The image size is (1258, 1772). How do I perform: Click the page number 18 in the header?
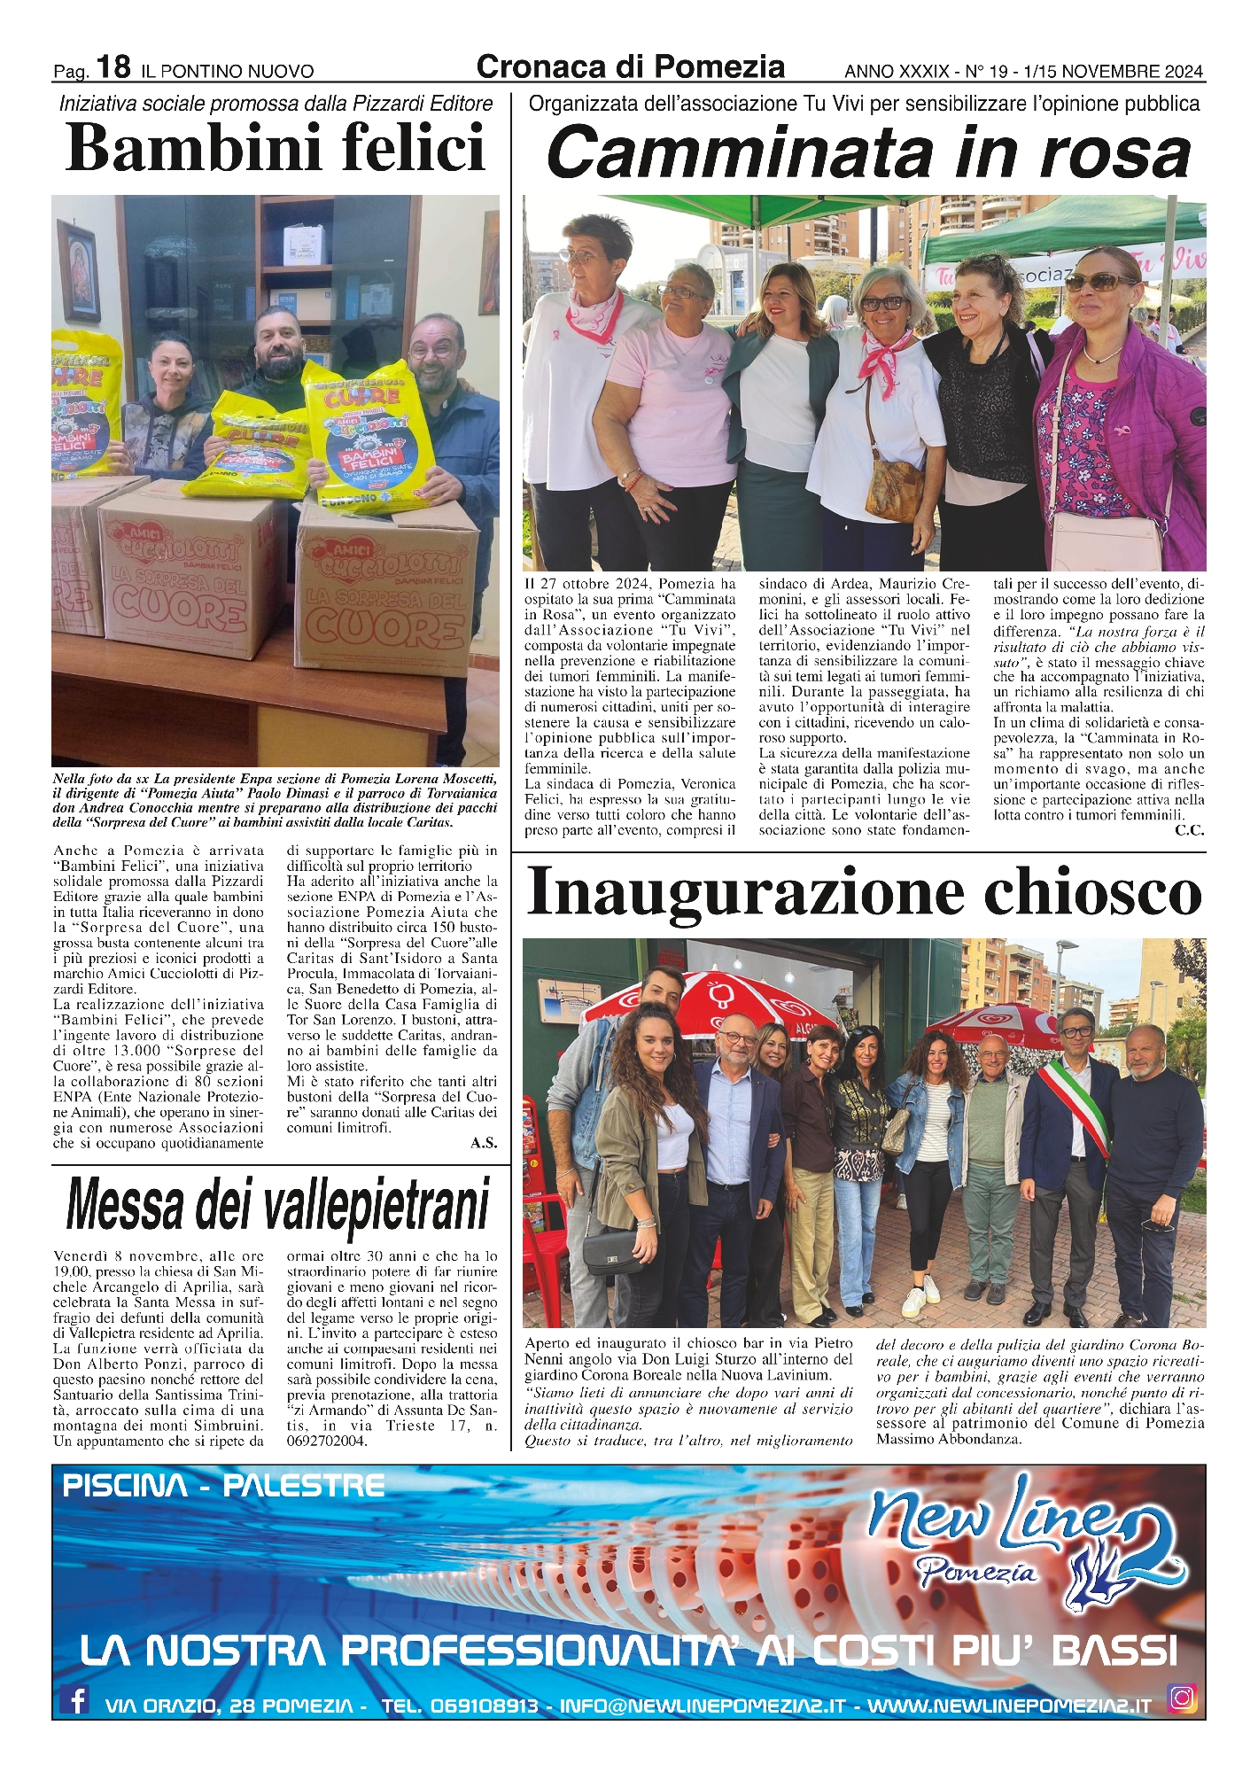coord(114,66)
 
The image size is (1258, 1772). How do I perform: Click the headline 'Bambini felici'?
coord(276,148)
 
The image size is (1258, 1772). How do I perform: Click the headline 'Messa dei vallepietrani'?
coord(278,1204)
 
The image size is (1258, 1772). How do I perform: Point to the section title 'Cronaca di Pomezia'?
coord(630,67)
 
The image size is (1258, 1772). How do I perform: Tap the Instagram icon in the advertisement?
coord(1182,1698)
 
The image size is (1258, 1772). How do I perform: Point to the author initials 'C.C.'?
coord(1189,830)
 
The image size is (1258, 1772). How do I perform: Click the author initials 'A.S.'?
coord(484,1143)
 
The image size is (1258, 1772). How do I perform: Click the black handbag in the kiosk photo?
coord(610,1251)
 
